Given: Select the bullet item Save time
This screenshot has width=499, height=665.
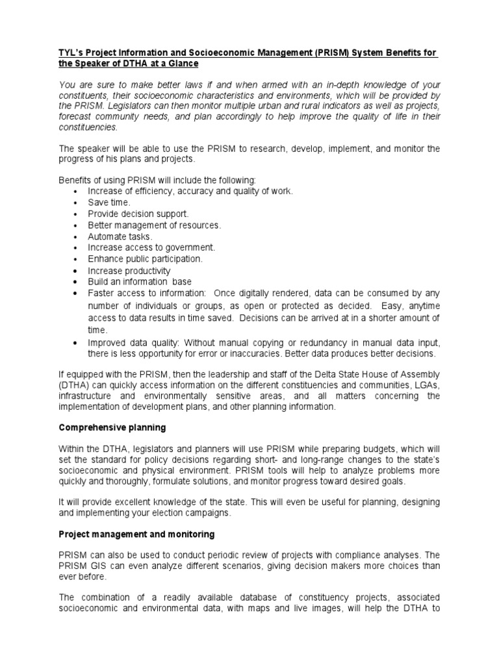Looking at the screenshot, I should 109,203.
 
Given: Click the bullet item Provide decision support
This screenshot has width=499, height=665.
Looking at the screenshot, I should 138,214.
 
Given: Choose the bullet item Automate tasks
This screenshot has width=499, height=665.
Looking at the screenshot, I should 120,236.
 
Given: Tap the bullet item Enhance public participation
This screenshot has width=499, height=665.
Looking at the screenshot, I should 146,258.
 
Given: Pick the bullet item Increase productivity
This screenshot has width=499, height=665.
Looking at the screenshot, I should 129,270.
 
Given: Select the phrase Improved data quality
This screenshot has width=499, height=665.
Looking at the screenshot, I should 129,343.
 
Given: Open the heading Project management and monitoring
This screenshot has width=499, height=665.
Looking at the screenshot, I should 137,534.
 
